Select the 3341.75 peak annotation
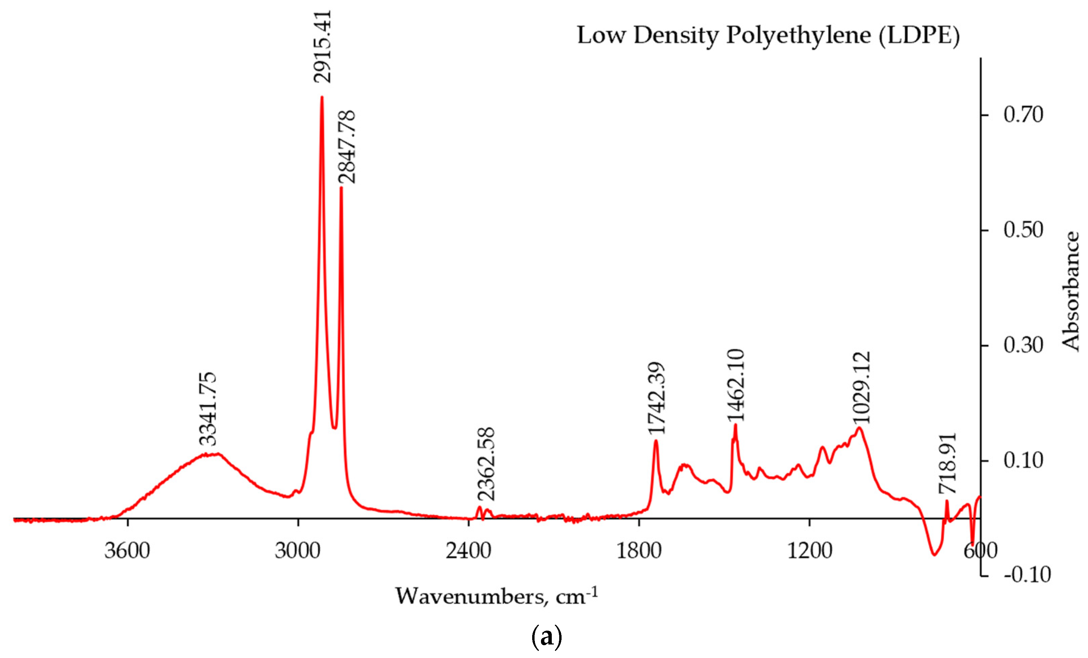[x=207, y=409]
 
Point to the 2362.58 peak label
[x=487, y=464]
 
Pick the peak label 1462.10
[x=736, y=385]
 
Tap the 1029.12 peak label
[x=861, y=387]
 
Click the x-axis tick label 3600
[x=127, y=551]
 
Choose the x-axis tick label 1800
[x=639, y=551]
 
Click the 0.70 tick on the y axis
[x=1023, y=115]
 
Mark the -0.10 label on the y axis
[x=1027, y=575]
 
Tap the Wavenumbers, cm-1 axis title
[x=496, y=596]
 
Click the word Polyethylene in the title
[x=798, y=35]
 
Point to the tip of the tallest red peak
[x=322, y=97]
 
